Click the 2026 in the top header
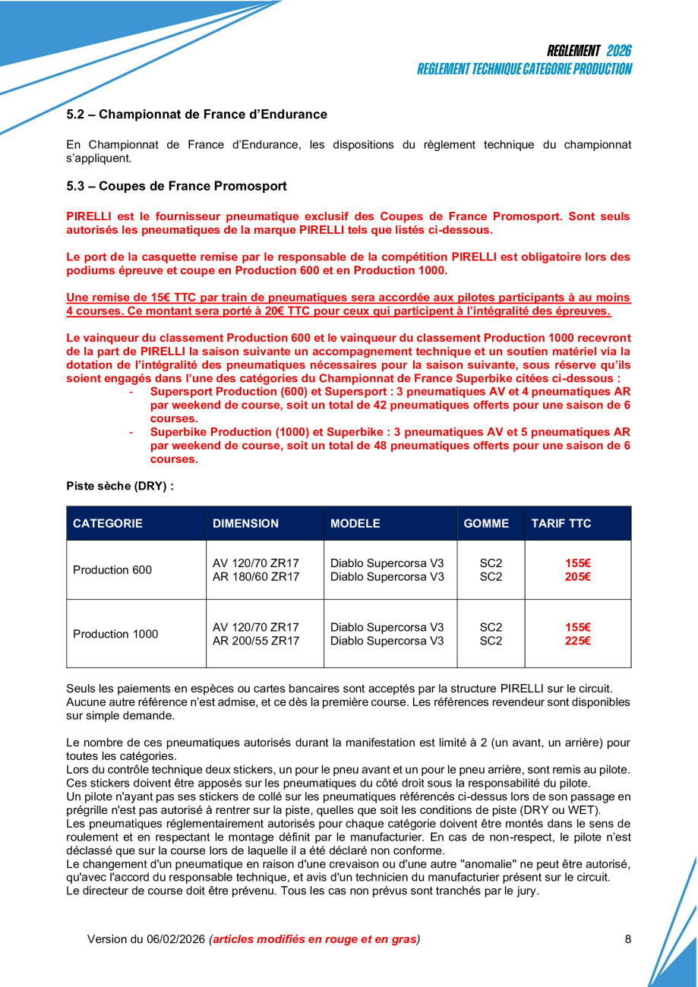(x=619, y=51)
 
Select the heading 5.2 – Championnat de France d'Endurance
(x=197, y=115)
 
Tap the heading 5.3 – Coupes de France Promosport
(x=176, y=186)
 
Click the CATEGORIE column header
(x=108, y=523)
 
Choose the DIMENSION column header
(x=245, y=523)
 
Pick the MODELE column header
(x=355, y=523)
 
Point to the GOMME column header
(x=486, y=523)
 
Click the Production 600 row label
(x=112, y=570)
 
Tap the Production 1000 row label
(x=115, y=634)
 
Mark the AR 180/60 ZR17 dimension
(x=256, y=578)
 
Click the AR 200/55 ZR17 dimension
(x=256, y=642)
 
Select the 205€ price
(x=578, y=578)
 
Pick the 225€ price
(x=578, y=642)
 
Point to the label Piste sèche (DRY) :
(x=120, y=486)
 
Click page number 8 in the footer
(x=628, y=939)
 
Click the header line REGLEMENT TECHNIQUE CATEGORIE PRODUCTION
(x=524, y=69)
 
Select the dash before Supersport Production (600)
(x=133, y=392)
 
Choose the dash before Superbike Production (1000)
(x=133, y=433)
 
